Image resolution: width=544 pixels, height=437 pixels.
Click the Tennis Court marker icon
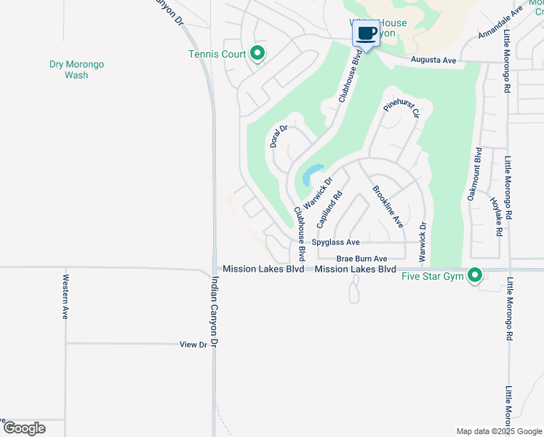coord(257,53)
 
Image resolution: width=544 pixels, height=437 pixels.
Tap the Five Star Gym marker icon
coord(476,275)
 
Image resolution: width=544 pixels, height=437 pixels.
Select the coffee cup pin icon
coord(366,34)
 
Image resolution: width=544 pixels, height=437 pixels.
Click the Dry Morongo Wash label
coord(76,69)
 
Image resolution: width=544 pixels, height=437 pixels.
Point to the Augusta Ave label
coord(433,60)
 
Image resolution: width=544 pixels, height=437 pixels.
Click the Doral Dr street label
coord(279,136)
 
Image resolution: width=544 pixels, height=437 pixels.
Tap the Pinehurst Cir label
coord(402,110)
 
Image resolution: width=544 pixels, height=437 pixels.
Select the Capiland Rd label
coord(329,208)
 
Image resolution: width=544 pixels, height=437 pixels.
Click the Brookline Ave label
coord(388,207)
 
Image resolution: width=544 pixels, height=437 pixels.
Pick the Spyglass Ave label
coord(336,243)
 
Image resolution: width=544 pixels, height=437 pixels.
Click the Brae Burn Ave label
coord(361,259)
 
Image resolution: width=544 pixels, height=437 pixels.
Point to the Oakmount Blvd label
coord(474,174)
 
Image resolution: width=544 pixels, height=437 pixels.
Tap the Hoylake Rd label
coord(497,216)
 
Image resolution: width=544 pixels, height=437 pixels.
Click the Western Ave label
coord(65,296)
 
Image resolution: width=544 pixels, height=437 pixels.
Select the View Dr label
coord(193,344)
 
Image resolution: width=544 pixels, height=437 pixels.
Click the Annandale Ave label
coord(501,25)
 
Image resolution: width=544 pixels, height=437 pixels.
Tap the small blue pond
coord(311,174)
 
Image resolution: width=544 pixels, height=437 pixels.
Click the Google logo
coord(24,428)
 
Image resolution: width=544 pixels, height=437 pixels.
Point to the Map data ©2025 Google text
coord(498,431)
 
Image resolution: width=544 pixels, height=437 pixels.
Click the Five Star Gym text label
coord(433,275)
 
